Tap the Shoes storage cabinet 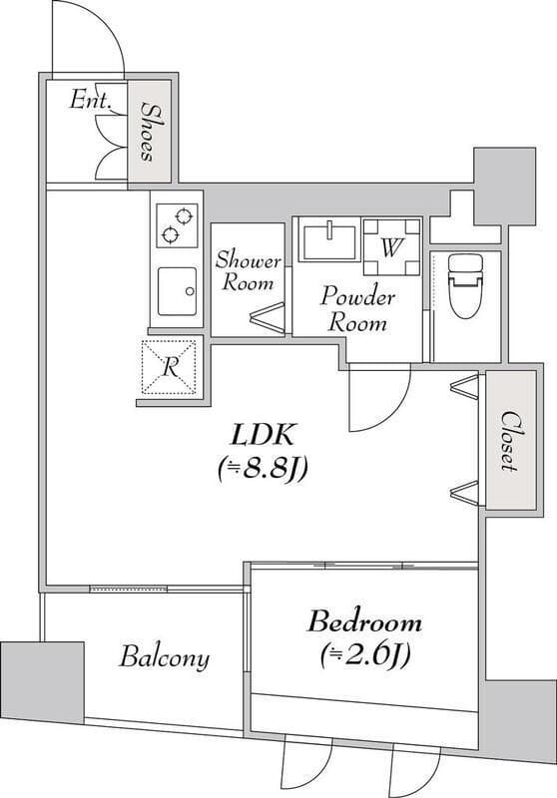pos(149,132)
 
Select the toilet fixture pos(465,286)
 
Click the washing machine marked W pos(391,246)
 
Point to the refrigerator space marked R pos(169,366)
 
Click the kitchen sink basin pos(177,291)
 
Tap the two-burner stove pos(177,225)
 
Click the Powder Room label pos(357,309)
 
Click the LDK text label pos(264,435)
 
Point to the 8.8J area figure pos(263,469)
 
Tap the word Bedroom pos(364,622)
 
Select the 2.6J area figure pos(365,656)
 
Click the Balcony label pos(165,657)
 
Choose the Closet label pos(510,441)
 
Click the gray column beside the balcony pos(42,681)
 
